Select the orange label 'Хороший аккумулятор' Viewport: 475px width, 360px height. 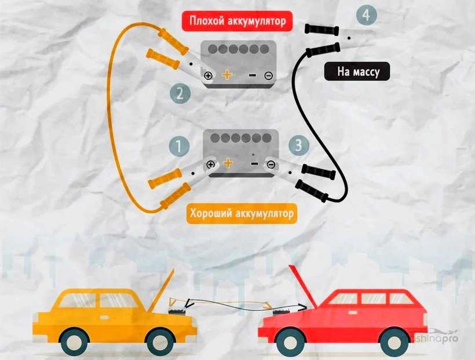(241, 213)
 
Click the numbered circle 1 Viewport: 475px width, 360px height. (179, 146)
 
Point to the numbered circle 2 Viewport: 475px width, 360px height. (180, 93)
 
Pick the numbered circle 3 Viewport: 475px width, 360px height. (298, 146)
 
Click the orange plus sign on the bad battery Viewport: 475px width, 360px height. (227, 75)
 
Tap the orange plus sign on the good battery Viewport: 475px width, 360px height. (228, 164)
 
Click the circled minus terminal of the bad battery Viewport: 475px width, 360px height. (268, 75)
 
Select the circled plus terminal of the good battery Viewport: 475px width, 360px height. (210, 165)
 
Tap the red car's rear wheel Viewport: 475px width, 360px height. (396, 340)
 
